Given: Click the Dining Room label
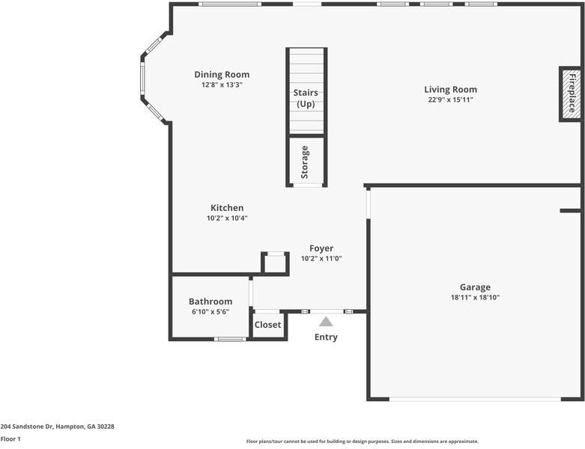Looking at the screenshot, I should click(x=222, y=74).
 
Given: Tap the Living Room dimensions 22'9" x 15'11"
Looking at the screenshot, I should click(x=450, y=100).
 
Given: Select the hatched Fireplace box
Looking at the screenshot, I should click(x=570, y=94).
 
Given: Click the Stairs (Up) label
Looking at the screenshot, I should click(x=306, y=98).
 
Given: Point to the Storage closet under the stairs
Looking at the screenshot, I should click(x=306, y=161).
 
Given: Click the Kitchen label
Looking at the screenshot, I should click(x=226, y=208).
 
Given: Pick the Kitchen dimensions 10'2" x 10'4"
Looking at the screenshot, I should click(x=226, y=219).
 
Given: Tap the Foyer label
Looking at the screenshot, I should click(x=321, y=248).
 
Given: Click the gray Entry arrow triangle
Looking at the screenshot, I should click(x=326, y=322).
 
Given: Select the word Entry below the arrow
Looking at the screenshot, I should click(x=326, y=337).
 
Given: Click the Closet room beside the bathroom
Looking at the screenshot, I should click(x=267, y=325).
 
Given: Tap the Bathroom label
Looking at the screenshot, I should click(x=210, y=302).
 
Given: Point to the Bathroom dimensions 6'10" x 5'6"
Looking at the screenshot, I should click(x=210, y=312).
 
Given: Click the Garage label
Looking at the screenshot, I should click(x=475, y=287).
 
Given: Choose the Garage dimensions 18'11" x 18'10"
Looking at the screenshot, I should click(x=475, y=298).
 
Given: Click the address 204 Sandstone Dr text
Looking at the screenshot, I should click(x=57, y=427).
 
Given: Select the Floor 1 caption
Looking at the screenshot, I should click(x=10, y=439).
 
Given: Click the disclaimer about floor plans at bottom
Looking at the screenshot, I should click(x=362, y=442).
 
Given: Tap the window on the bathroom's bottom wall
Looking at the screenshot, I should click(x=230, y=339).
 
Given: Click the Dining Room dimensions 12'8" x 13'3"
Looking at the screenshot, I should click(x=222, y=85).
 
